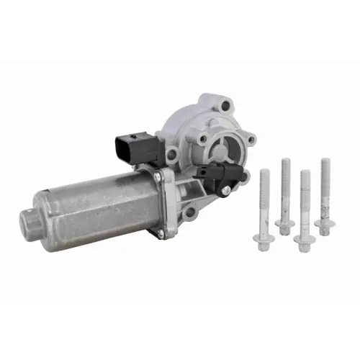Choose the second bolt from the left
coord(285,194)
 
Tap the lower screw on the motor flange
coord(163,232)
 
